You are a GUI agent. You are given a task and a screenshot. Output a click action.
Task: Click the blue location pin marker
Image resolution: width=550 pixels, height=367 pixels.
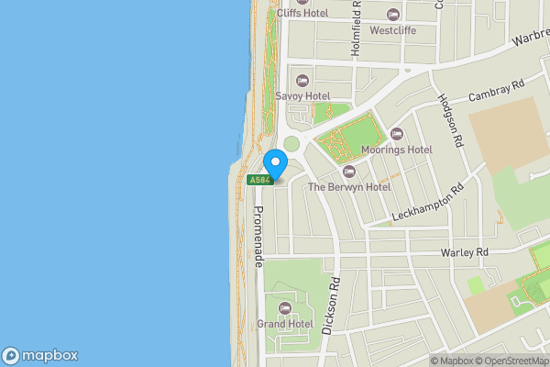[x=275, y=163]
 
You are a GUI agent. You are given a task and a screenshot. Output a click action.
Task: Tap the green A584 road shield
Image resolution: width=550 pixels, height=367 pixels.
[x=260, y=180]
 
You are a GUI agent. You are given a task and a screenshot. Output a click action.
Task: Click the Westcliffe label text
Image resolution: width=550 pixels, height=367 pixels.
[x=393, y=30]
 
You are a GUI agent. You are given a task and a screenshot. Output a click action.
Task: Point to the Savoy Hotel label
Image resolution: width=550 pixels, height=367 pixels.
[x=302, y=95]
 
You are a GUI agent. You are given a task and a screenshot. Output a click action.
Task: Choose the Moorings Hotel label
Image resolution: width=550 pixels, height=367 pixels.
[x=396, y=150]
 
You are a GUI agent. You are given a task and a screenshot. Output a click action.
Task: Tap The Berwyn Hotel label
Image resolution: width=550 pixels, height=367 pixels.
[x=348, y=186]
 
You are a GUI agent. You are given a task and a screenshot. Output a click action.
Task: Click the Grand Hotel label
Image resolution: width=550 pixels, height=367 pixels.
[x=284, y=324]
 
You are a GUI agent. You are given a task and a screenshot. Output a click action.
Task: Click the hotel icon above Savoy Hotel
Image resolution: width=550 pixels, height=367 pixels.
[x=302, y=80]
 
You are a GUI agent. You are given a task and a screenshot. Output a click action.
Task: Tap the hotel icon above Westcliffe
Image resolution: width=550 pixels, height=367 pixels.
[x=393, y=15]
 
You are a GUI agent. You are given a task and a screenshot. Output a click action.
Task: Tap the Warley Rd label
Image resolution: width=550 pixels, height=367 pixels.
[x=464, y=252]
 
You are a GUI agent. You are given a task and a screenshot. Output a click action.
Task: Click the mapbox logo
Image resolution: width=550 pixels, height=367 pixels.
[x=40, y=355]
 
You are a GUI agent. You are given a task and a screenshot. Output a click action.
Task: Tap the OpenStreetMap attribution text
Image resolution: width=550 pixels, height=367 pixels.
[x=511, y=361]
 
